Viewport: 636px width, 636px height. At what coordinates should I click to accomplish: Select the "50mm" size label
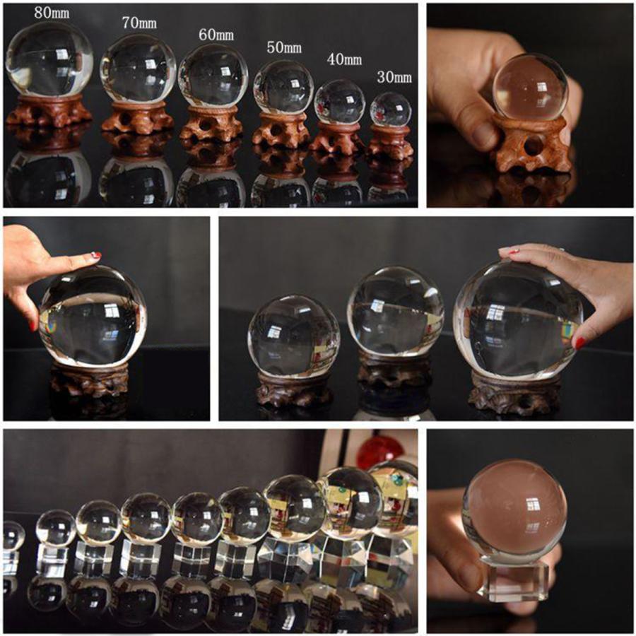[x=284, y=48]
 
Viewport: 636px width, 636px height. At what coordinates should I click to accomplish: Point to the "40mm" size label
[x=344, y=59]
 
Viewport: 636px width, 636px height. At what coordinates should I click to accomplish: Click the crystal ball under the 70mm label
[x=138, y=69]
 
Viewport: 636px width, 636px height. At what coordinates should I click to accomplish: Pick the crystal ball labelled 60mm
[x=213, y=76]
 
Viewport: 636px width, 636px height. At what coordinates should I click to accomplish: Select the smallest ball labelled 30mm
[x=390, y=109]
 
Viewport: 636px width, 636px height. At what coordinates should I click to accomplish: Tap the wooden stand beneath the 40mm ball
[x=339, y=137]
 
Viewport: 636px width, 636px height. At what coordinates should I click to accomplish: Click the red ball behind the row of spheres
[x=379, y=452]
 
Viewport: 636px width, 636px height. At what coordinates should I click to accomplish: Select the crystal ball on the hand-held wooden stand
[x=530, y=86]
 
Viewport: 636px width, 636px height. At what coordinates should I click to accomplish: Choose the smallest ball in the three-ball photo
[x=293, y=336]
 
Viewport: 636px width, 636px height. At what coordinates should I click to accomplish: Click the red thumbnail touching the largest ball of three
[x=580, y=343]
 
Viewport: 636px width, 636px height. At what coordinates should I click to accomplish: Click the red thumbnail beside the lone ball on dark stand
[x=33, y=325]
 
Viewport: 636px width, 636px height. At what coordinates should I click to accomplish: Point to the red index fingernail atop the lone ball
[x=96, y=255]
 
